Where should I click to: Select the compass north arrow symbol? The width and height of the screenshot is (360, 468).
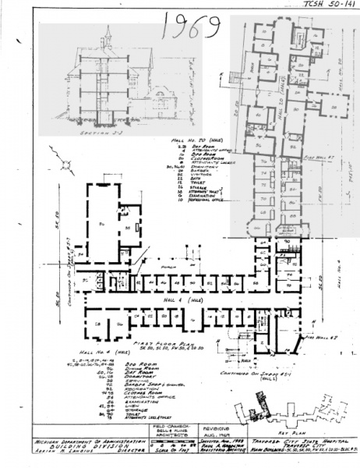click(x=57, y=164)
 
